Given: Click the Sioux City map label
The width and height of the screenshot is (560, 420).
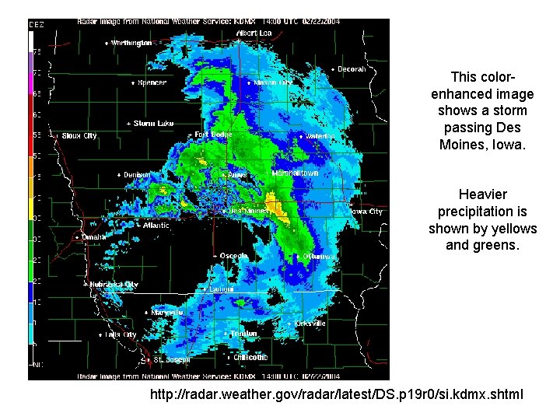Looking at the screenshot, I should pos(79,136).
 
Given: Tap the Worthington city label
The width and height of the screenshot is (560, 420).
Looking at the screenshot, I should pos(131,43).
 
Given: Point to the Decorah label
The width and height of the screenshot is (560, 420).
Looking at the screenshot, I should pos(352,69).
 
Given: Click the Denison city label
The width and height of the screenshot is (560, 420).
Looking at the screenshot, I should pos(137,175).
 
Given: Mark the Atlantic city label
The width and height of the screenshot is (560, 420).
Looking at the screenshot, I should pos(156,226).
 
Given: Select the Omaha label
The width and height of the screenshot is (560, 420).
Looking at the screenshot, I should pos(93,236).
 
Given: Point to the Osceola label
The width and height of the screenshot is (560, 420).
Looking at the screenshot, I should pos(233,255).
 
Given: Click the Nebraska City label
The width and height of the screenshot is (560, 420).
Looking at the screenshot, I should pos(114,285).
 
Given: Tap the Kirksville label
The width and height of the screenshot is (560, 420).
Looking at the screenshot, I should pos(310,324).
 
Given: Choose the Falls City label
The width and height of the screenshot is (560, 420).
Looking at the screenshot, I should pos(120,334).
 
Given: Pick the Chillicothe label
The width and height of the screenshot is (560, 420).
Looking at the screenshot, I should pos(250,358).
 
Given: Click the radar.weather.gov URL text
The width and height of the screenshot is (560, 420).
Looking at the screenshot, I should pos(337,396).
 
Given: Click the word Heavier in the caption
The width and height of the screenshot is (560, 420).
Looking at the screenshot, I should pos(482,194).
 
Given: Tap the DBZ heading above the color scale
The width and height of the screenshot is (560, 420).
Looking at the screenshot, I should pos(37,25).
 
